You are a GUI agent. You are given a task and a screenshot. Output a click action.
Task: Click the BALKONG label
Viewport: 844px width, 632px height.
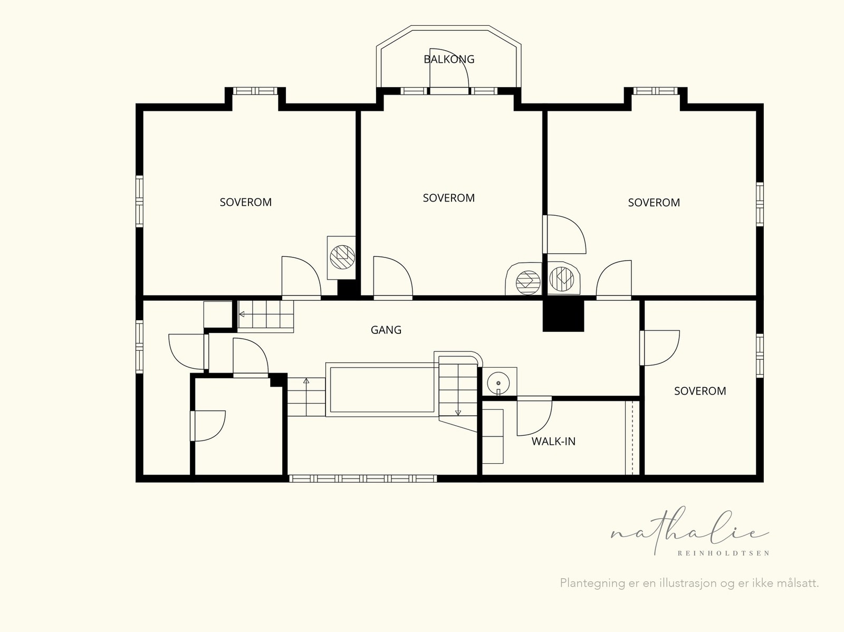[449, 59]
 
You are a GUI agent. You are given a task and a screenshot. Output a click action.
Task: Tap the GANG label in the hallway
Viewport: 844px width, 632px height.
[386, 330]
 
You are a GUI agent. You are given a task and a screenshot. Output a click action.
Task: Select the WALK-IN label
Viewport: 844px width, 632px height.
[553, 442]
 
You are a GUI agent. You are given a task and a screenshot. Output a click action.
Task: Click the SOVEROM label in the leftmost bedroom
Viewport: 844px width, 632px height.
[246, 202]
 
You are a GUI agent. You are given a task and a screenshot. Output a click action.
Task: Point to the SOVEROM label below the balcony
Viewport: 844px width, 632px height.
[449, 198]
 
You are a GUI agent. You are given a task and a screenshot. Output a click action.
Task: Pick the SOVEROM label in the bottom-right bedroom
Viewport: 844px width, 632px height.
[700, 391]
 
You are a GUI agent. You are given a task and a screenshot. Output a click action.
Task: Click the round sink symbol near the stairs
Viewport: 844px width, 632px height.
[498, 383]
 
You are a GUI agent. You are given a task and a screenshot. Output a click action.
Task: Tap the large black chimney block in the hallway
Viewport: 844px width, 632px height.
[563, 315]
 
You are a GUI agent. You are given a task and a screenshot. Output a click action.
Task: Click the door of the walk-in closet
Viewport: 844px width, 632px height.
[534, 416]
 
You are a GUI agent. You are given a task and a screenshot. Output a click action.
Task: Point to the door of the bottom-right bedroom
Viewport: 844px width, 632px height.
[659, 348]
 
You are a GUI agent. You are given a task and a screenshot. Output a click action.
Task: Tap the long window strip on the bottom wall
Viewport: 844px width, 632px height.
[363, 478]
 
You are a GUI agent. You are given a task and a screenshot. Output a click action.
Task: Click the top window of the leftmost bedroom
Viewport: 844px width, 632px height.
[255, 91]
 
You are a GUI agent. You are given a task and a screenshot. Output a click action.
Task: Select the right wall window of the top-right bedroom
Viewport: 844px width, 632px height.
[760, 204]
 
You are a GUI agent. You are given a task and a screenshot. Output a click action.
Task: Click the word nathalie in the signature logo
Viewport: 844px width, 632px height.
[689, 531]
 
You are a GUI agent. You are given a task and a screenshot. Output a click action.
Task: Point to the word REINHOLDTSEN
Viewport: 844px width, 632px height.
[724, 553]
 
